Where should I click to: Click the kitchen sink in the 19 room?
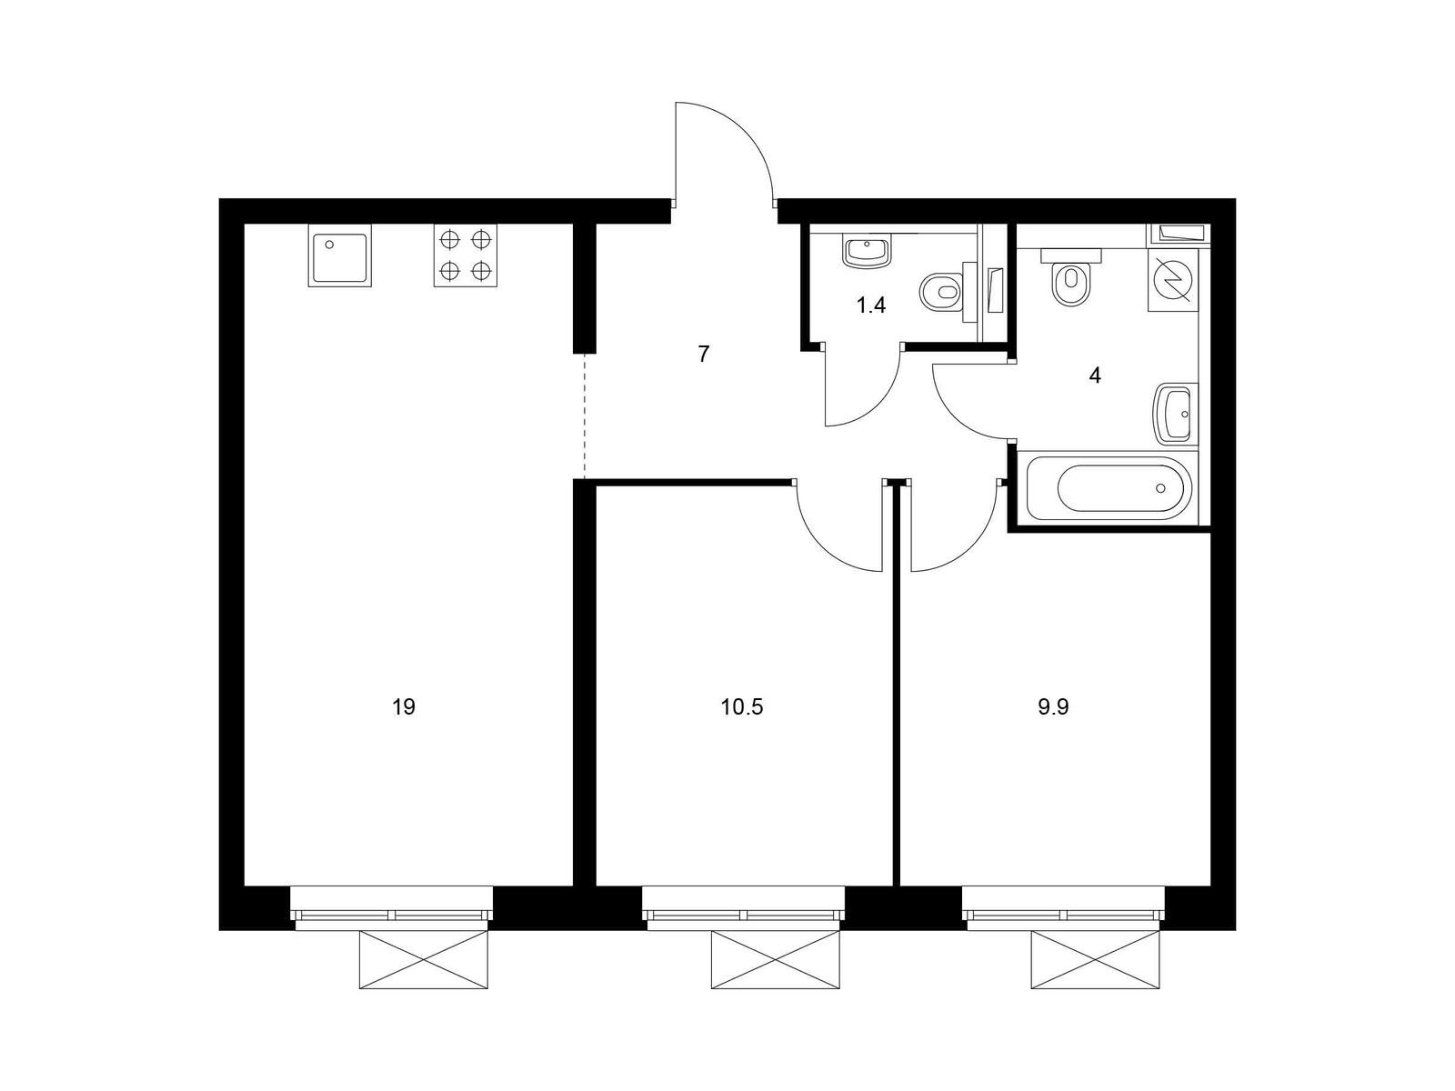(x=339, y=255)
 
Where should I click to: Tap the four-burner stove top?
(x=466, y=255)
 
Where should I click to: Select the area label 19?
(x=404, y=707)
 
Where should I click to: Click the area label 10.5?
(x=742, y=707)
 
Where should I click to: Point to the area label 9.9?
(x=1053, y=707)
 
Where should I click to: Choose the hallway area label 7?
(x=704, y=355)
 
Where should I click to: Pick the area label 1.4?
(x=871, y=305)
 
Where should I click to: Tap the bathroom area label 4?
(x=1095, y=375)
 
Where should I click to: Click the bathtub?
(x=1109, y=488)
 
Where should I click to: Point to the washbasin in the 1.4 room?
(x=867, y=253)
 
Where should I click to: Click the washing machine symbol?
(x=1172, y=279)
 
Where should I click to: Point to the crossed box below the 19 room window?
(x=424, y=960)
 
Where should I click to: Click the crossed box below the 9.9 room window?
(x=1095, y=960)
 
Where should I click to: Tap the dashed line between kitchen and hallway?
(x=584, y=416)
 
